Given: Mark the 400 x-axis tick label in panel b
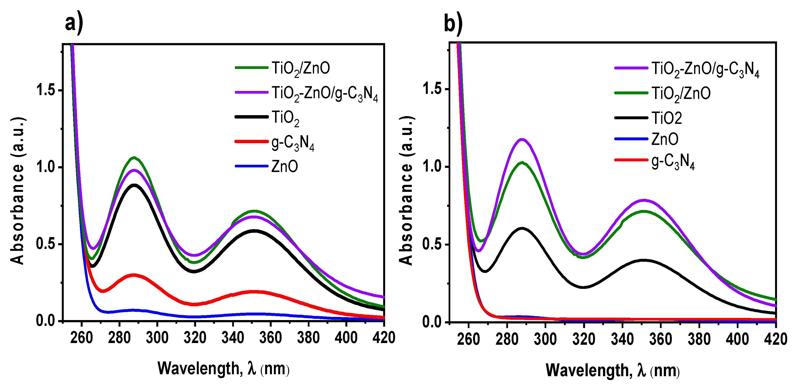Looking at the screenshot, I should (737, 339).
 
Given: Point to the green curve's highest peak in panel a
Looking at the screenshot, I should (134, 158).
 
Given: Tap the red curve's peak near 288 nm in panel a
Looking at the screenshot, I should (133, 275).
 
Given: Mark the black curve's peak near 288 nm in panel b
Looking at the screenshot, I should (522, 228).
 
